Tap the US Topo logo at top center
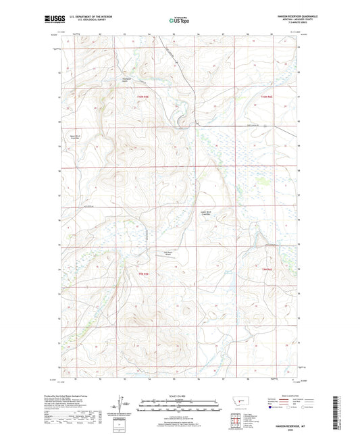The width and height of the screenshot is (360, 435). (x=179, y=21)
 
